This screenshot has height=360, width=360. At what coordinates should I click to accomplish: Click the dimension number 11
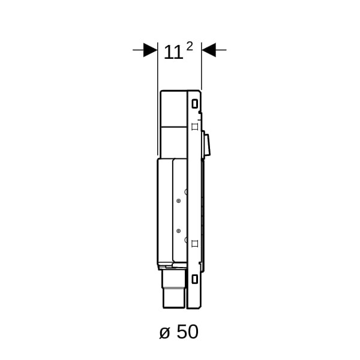[173, 53]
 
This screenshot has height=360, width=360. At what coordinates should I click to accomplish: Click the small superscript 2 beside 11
[190, 47]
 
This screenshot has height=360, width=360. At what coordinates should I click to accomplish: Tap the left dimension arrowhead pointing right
[150, 50]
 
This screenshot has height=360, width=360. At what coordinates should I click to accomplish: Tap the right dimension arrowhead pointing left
[209, 50]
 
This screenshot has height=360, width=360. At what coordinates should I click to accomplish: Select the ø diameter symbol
[164, 332]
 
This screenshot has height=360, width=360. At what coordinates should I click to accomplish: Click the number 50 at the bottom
[188, 332]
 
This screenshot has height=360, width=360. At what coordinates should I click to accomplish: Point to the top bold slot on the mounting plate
[194, 104]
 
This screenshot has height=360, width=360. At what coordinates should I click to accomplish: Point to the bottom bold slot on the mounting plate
[194, 279]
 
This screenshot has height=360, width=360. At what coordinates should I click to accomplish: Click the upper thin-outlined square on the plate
[194, 127]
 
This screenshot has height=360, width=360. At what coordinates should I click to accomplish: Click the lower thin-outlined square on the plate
[194, 244]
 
